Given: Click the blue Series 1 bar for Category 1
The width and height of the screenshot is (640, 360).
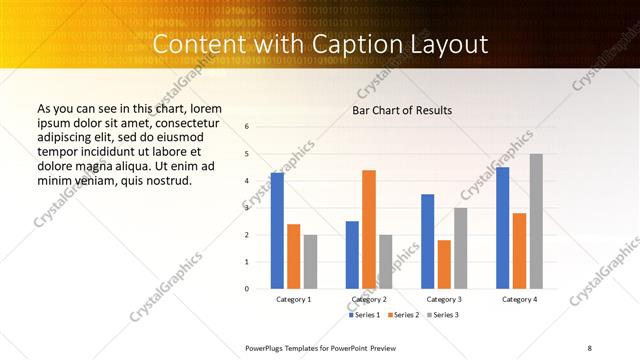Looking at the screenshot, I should pos(277,231).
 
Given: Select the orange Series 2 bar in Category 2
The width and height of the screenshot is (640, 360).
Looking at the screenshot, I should pos(369,229).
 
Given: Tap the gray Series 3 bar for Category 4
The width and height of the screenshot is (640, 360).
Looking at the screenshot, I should pos(536,221).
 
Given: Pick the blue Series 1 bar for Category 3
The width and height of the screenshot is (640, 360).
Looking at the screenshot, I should pos(428,241).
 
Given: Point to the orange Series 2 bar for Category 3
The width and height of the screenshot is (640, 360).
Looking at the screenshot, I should pos(444,264).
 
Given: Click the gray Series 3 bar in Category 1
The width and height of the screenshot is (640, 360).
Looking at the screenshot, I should pos(310,261).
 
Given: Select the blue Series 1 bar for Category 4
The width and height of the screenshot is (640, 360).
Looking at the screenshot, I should pos(502,228).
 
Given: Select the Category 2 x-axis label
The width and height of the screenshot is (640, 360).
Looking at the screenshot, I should pos(369,299).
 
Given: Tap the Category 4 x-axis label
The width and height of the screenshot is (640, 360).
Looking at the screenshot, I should pos(519,299).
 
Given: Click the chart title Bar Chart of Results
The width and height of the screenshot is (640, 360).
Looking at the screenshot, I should pos(402,110).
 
